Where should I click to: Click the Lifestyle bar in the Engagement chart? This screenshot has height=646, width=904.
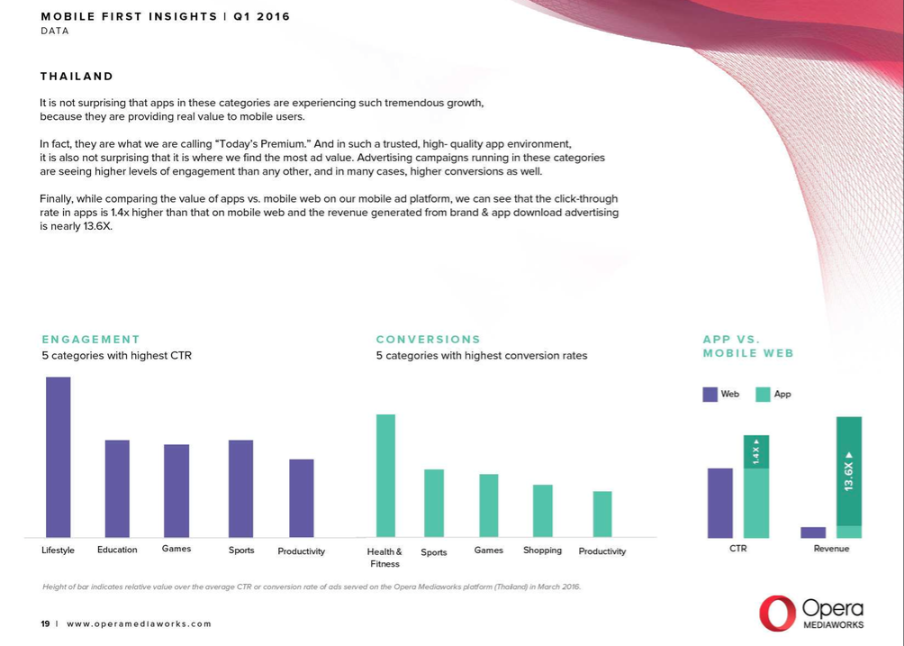(59, 457)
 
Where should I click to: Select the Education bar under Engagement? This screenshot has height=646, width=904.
(117, 488)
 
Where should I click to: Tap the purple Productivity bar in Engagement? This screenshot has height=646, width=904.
(302, 498)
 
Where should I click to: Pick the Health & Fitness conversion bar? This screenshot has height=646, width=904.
(385, 476)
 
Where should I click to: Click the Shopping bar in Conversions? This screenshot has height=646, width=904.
(542, 511)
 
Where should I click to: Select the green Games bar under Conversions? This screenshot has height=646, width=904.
(488, 505)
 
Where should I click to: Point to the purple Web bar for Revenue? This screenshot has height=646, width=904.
(813, 532)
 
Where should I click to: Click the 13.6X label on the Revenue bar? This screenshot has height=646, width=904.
(848, 471)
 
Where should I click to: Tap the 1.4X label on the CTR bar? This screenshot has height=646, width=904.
(756, 452)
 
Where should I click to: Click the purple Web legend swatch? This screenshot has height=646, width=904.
(710, 394)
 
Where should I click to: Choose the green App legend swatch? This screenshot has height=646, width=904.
(763, 394)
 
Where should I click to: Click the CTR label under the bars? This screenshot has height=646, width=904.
(737, 548)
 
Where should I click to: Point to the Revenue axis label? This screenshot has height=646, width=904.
(831, 548)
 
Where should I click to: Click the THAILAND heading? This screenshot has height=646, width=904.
(77, 77)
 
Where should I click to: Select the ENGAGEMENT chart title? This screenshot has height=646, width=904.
(91, 340)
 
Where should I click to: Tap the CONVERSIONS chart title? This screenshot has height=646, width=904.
(429, 340)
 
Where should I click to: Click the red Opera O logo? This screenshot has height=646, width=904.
(776, 613)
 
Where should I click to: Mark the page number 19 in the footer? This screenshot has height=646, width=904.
(45, 623)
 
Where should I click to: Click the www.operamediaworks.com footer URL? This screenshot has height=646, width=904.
(140, 623)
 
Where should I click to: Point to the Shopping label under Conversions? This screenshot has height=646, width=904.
(542, 550)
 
